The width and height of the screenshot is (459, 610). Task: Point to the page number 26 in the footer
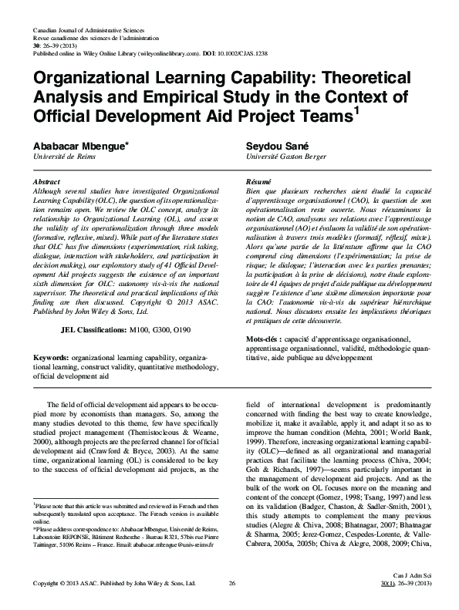coord(231,585)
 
